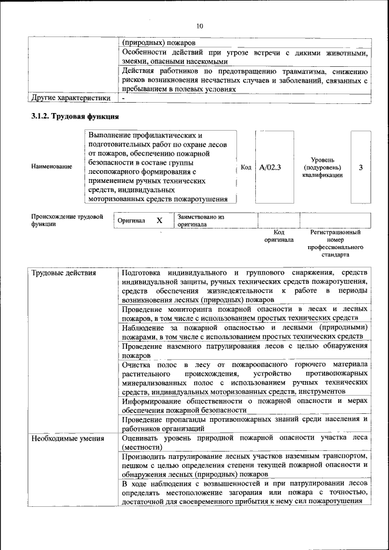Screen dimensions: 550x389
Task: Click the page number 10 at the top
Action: point(200,26)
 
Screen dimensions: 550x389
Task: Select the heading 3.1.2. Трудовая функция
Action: point(75,116)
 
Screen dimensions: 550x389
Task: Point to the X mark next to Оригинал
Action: point(159,221)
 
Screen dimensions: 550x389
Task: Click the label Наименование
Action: point(51,167)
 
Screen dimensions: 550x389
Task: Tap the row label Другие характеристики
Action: point(70,97)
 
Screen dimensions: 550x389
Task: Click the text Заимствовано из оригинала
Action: point(201,220)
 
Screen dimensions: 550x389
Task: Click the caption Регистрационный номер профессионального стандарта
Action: point(335,244)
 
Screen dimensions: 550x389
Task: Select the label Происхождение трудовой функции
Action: point(67,220)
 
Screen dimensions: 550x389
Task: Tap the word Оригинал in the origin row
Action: point(131,221)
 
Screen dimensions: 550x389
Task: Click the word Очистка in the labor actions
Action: point(136,364)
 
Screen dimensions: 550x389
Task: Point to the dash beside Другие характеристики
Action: point(123,97)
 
